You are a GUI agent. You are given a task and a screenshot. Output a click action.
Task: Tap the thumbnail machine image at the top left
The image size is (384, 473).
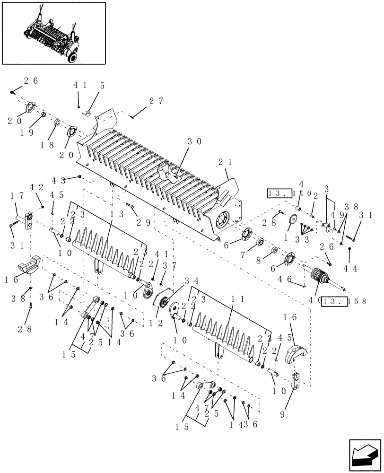pyautogui.click(x=53, y=33)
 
